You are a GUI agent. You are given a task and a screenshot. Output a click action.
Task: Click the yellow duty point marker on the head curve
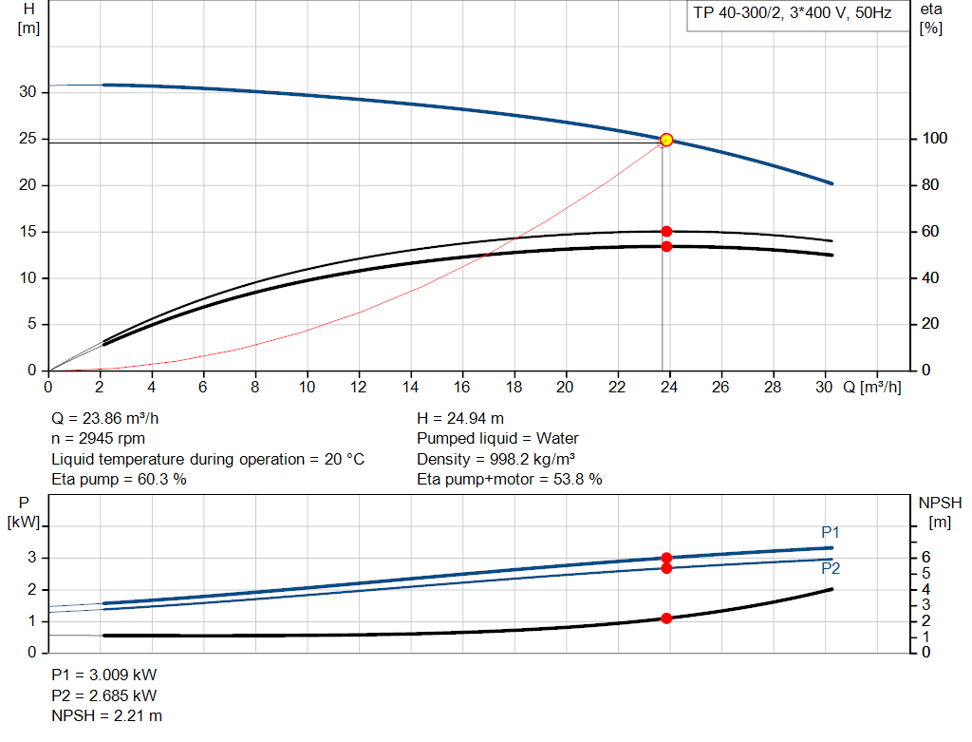[666, 140]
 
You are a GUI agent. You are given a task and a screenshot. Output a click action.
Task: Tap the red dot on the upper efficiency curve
[666, 231]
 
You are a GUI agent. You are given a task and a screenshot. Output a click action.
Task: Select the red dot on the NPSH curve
[666, 618]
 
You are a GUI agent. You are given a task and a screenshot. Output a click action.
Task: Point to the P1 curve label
[831, 532]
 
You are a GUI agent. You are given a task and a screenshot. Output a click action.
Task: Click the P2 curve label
[831, 569]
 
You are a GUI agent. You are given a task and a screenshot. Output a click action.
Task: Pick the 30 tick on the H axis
[28, 92]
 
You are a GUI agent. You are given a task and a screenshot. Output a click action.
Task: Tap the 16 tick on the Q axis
[462, 388]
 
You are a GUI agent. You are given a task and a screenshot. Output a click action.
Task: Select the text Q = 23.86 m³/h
[112, 418]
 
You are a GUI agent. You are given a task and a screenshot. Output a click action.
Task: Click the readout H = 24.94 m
[460, 418]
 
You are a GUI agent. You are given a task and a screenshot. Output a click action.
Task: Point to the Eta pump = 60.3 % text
[119, 480]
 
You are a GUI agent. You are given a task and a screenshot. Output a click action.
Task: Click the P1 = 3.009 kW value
[103, 675]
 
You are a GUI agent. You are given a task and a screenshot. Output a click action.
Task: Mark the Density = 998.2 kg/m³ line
[495, 459]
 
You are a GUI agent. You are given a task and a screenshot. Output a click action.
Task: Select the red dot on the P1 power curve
[666, 558]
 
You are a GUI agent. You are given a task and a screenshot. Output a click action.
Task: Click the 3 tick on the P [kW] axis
[31, 558]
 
